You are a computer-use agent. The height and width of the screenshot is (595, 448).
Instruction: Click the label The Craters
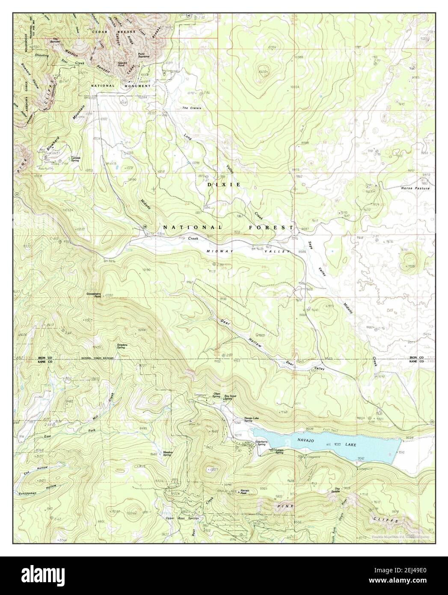point(191,108)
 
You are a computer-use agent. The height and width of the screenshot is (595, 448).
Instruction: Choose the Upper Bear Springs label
point(179,518)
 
